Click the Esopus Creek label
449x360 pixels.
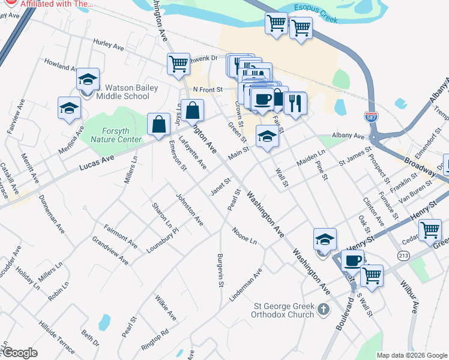[x=316, y=14]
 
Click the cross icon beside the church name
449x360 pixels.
[x=324, y=310]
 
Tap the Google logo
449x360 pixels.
[x=19, y=353]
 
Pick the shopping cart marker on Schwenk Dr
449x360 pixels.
[x=178, y=64]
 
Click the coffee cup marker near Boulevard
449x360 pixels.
[x=352, y=260]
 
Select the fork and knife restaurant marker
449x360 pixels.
[x=295, y=103]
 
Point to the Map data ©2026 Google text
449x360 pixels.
[x=412, y=355]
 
